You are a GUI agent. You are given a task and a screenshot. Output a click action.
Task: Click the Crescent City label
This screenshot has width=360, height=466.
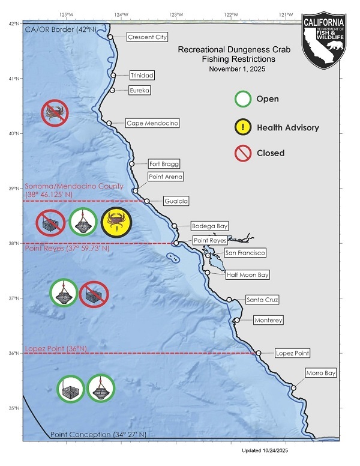pos(147,37)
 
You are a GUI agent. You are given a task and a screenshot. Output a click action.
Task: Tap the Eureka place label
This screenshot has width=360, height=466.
pos(139,90)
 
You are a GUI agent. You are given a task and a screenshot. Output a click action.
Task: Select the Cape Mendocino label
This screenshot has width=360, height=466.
pos(152,123)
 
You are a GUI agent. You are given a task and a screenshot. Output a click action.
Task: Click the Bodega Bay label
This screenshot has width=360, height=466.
pos(209,226)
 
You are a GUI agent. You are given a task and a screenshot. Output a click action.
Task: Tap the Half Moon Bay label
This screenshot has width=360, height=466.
pos(247,275)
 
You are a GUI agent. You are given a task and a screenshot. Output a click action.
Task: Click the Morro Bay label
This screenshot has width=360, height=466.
pos(321,373)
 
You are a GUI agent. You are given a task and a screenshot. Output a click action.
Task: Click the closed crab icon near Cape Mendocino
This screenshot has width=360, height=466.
pos(55,112)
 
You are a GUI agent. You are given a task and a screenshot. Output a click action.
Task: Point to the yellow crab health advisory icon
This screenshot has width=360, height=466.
pos(115,223)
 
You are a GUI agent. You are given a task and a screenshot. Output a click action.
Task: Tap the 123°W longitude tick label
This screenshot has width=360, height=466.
pos(176,14)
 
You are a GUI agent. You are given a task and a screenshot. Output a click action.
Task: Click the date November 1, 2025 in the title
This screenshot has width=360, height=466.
pos(235,70)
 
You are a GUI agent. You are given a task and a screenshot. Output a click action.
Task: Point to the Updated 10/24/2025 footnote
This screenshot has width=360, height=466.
pos(265,450)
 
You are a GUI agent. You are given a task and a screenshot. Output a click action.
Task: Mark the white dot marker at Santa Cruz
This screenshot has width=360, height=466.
pos(229,299)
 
